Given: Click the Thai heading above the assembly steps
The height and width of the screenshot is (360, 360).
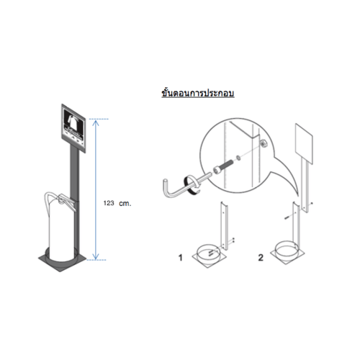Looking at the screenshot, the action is (198, 93).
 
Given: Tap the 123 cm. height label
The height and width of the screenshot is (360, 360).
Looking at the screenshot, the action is (117, 203).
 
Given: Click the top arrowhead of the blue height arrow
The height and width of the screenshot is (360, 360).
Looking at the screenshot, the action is (96, 122).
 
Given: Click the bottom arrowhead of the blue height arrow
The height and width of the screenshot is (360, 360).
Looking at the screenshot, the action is (96, 257).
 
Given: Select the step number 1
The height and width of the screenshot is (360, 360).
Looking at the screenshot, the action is (181, 258).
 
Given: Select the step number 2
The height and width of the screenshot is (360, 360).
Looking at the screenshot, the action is (261, 258).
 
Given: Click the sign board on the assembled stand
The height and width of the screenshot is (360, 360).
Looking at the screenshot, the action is (73, 128).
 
